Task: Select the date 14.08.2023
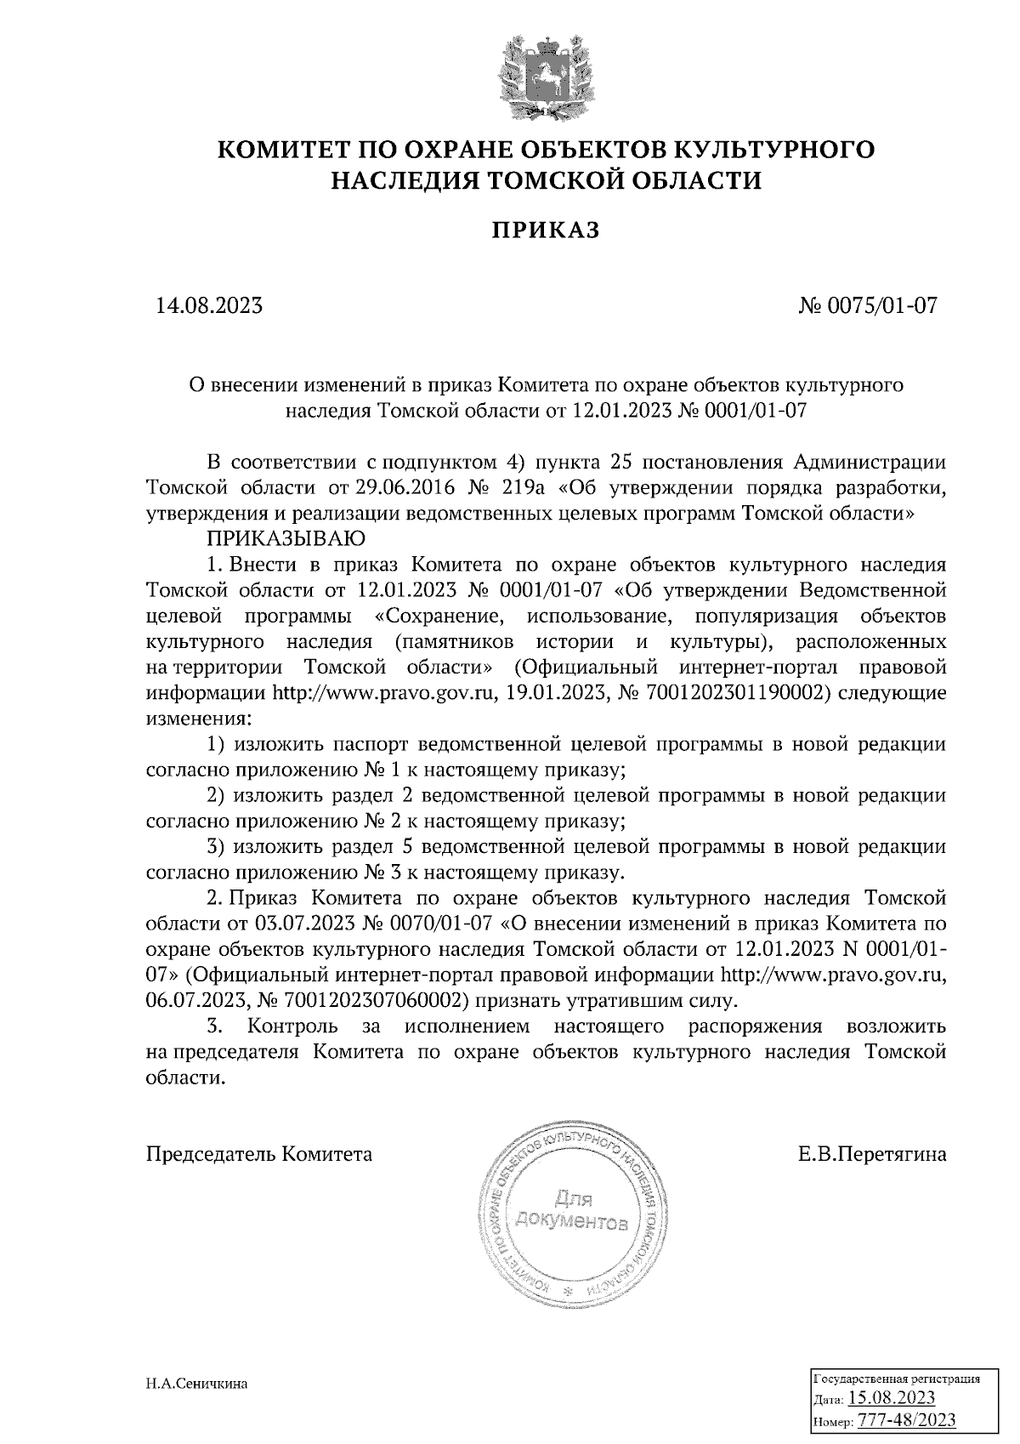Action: [209, 304]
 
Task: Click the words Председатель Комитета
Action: [259, 1155]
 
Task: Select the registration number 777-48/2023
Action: [906, 1420]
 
